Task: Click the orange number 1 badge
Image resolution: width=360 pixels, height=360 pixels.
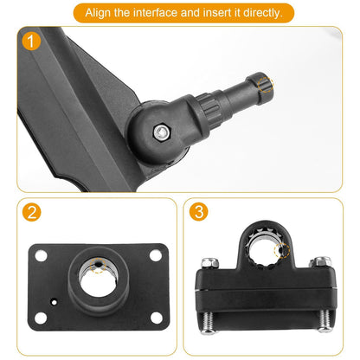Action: (x=32, y=42)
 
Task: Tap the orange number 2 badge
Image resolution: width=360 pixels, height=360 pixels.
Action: (x=31, y=213)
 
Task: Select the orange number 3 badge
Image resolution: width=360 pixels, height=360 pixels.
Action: (x=198, y=213)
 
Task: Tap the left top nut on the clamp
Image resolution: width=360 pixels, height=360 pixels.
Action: (x=208, y=260)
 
